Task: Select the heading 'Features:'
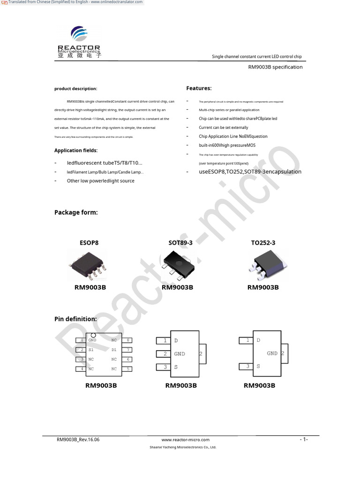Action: tap(199, 88)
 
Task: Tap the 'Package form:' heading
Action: tap(76, 212)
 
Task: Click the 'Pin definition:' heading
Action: tap(75, 319)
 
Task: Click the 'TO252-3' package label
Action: tap(263, 243)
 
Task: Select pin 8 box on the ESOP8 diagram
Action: tap(128, 340)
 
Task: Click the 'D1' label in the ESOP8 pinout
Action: tap(114, 350)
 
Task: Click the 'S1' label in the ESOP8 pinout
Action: tap(91, 350)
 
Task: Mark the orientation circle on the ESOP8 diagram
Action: tap(93, 335)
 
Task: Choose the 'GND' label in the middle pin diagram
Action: tap(180, 354)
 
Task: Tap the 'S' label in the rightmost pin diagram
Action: tap(258, 367)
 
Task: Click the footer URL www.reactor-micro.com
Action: tap(185, 440)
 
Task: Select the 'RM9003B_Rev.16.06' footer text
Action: tap(78, 440)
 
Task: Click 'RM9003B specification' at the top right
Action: tap(275, 67)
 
